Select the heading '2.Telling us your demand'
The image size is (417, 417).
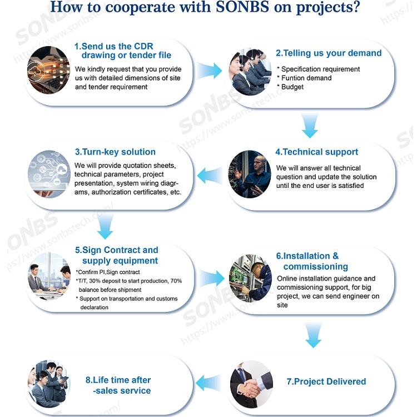pos(329,53)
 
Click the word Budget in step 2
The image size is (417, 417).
pos(292,87)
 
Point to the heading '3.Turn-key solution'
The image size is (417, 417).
pos(115,152)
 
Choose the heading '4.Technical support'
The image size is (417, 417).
pos(317,152)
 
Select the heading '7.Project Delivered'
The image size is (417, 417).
pos(326,381)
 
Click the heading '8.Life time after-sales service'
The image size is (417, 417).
pos(118,385)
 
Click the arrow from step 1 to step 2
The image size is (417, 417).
pos(209,71)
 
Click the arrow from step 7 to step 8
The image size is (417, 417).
pos(209,382)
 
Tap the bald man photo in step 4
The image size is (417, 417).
pos(250,174)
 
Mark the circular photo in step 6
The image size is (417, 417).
pos(251,277)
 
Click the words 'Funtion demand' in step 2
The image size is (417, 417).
pos(306,78)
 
